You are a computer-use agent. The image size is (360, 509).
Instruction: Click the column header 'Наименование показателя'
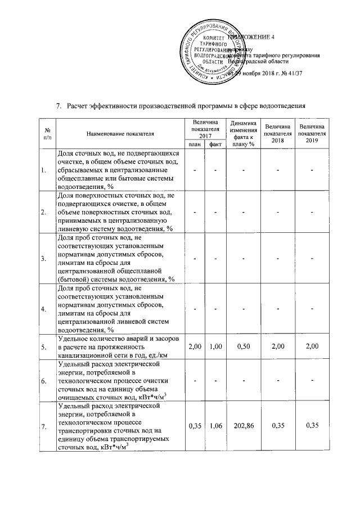tap(120, 133)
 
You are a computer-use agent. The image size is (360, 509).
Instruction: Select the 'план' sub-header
tap(195, 145)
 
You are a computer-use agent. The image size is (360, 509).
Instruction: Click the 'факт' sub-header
tap(214, 145)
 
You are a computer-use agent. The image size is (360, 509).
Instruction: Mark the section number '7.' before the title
tap(58, 105)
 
